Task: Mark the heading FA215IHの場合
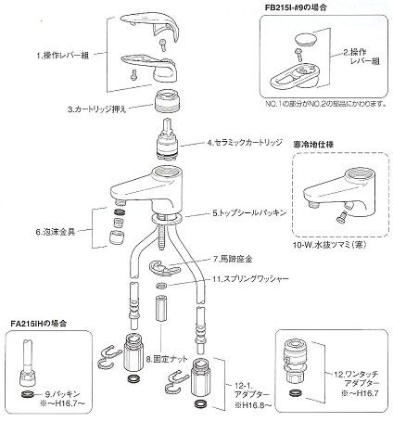(37, 324)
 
